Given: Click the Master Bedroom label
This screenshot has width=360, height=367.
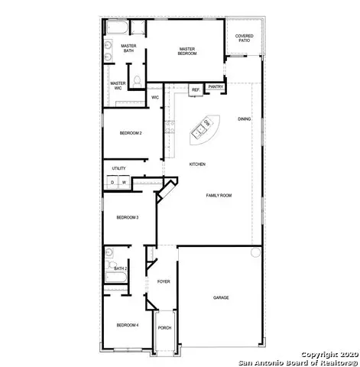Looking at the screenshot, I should pyautogui.click(x=188, y=50).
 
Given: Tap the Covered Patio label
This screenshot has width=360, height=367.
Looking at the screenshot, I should pyautogui.click(x=245, y=37).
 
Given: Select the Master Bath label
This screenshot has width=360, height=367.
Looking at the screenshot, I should pyautogui.click(x=128, y=48).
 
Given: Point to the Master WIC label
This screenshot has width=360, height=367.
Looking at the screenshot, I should pyautogui.click(x=118, y=86).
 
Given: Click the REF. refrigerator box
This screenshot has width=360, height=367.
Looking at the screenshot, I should pyautogui.click(x=196, y=89).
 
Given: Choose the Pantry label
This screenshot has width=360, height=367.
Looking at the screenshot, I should pyautogui.click(x=215, y=88).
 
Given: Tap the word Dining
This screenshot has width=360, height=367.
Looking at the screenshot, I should pyautogui.click(x=244, y=119).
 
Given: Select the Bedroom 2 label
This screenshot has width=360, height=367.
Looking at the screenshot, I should pyautogui.click(x=131, y=133).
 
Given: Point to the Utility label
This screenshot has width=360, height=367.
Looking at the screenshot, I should pyautogui.click(x=118, y=168).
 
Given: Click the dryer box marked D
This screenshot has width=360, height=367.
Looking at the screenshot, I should pyautogui.click(x=112, y=182).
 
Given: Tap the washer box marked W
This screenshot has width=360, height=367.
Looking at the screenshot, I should pyautogui.click(x=123, y=182).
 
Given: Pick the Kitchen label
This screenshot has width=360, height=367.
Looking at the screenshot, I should pyautogui.click(x=197, y=164).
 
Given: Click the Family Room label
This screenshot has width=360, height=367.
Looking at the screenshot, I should pyautogui.click(x=219, y=195).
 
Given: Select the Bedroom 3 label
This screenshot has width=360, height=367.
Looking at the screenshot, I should pyautogui.click(x=127, y=217).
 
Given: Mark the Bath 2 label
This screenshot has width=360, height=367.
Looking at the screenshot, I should pyautogui.click(x=120, y=268).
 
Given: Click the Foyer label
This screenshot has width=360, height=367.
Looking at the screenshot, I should pyautogui.click(x=164, y=281).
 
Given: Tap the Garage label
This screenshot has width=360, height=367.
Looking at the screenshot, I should pyautogui.click(x=221, y=297).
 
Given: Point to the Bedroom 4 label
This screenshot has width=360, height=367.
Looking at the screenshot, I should pyautogui.click(x=127, y=325).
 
